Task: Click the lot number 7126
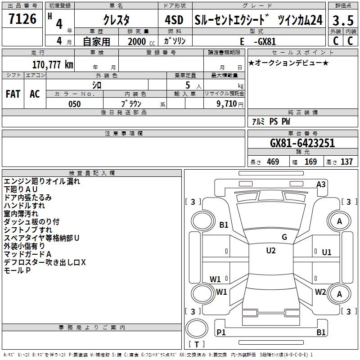coord(23,19)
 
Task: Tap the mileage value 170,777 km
coord(53,64)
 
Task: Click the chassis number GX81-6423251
coord(302,143)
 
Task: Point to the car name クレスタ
coord(116,20)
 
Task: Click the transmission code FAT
coord(13,94)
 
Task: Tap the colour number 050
coord(75,104)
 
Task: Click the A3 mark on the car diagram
coord(321,184)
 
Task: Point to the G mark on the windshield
coord(284,237)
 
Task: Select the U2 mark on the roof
coord(270,251)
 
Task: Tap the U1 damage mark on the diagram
coord(327,252)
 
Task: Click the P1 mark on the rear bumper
coord(221,332)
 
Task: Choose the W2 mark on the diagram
coord(320,292)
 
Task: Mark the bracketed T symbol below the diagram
coord(197,345)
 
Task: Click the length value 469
coord(273,162)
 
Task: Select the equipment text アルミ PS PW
coord(271,121)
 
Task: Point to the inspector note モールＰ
coord(17,270)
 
